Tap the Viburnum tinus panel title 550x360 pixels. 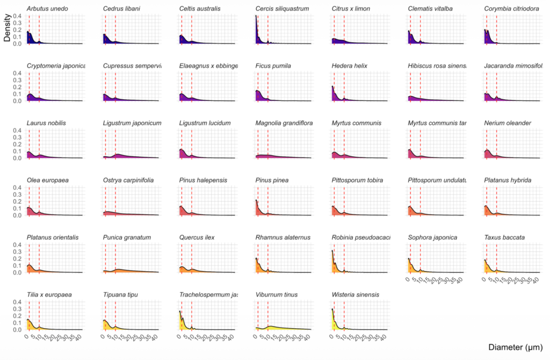coord(277,294)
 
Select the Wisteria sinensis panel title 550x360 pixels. coord(355,294)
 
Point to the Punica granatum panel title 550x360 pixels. coord(127,237)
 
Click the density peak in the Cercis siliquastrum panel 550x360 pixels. coord(256,16)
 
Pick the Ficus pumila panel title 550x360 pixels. coord(273,66)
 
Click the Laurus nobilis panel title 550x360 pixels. coord(46,123)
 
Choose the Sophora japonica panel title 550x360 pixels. coord(432,237)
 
